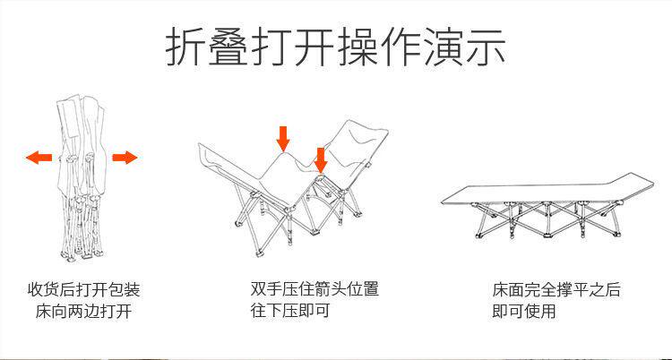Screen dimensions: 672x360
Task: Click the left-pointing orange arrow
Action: [39, 159]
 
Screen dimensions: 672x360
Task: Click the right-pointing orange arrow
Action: [125, 159]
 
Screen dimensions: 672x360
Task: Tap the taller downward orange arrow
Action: [283, 138]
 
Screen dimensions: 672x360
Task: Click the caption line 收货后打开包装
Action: [84, 291]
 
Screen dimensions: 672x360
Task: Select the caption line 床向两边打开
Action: [84, 312]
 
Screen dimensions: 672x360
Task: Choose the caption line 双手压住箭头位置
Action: [314, 290]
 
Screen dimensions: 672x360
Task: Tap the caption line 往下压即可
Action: [290, 311]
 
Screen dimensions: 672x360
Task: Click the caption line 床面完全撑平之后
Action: [556, 291]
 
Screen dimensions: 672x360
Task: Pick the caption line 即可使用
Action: [523, 312]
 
